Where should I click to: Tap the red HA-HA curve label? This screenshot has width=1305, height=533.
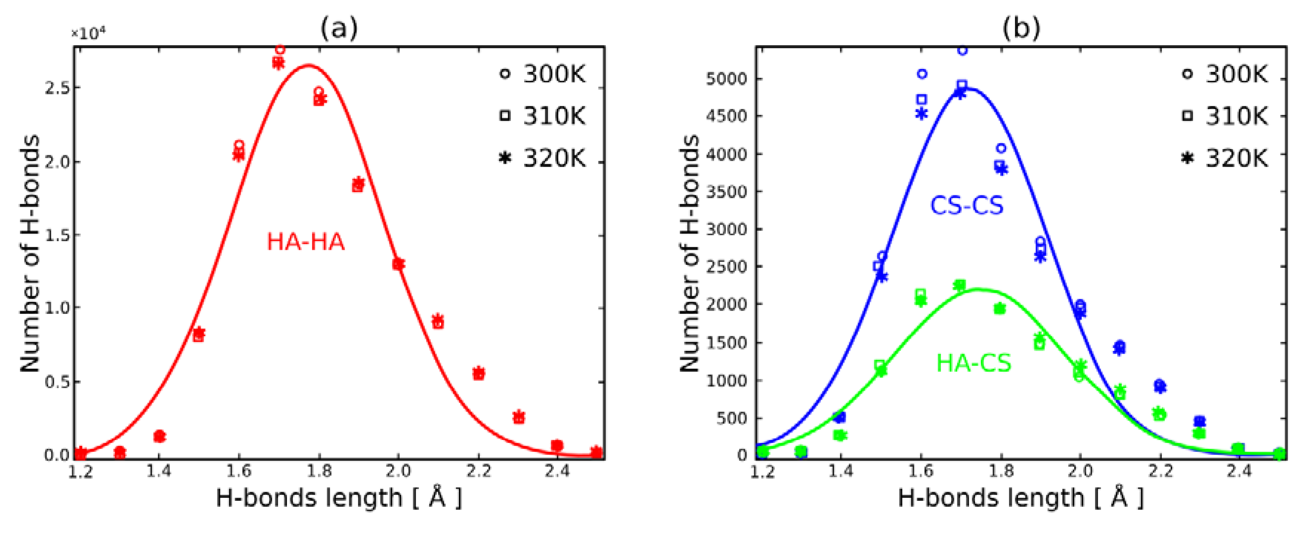coord(306,242)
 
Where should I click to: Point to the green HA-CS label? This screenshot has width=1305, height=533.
coord(973,363)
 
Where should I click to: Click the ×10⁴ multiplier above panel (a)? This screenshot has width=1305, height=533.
coord(89,33)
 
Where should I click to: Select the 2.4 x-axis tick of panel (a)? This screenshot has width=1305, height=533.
coord(557,472)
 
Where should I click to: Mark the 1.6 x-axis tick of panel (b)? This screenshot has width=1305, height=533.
coord(920,472)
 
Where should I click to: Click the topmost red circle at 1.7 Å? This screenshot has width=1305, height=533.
coord(280,50)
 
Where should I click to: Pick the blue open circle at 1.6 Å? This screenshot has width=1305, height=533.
coord(922,74)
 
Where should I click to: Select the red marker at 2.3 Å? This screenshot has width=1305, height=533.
coord(518,417)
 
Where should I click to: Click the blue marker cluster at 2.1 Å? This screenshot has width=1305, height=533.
coord(1120,347)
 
